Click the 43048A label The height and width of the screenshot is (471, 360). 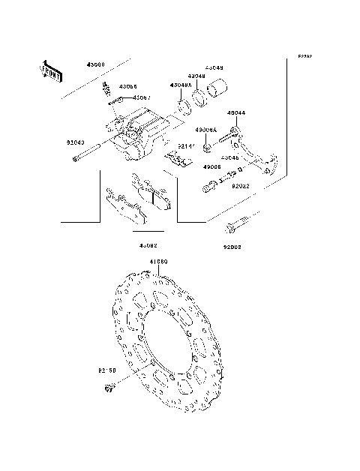click(180, 86)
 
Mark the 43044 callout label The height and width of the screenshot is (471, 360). click(235, 113)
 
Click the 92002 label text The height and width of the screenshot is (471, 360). click(232, 246)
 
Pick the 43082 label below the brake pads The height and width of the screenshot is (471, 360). click(148, 245)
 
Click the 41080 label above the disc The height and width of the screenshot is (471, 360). click(158, 262)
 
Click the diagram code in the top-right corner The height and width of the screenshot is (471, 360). click(304, 57)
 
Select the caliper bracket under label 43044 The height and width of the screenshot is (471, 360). click(259, 154)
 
